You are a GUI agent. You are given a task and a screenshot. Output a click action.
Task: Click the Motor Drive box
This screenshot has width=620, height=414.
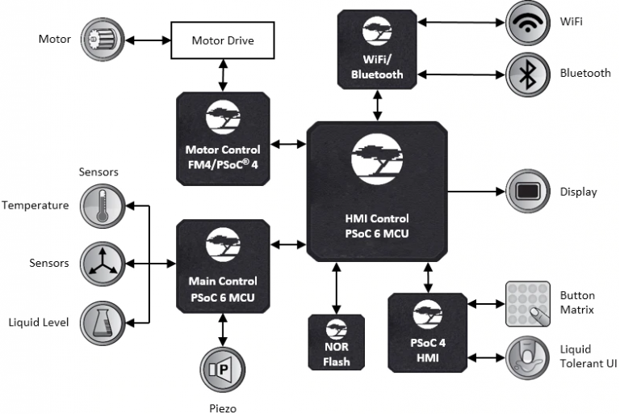click(221, 40)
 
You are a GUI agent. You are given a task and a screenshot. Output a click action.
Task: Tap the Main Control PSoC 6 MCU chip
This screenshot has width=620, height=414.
click(222, 263)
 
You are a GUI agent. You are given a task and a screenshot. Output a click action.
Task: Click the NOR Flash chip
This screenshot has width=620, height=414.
click(337, 341)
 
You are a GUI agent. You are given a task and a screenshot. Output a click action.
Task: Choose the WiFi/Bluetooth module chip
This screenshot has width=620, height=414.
click(377, 49)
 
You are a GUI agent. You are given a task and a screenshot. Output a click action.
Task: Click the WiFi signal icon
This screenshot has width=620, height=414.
click(528, 23)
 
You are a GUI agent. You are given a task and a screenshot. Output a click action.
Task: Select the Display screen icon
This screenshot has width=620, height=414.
click(528, 192)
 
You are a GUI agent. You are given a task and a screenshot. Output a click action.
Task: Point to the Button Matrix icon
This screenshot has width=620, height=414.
click(528, 304)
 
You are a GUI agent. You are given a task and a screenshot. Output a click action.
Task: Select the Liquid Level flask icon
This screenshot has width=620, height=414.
click(103, 322)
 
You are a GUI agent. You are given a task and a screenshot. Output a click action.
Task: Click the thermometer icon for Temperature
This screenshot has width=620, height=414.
click(103, 205)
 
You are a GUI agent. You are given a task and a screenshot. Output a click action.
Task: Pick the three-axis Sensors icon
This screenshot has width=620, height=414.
click(103, 264)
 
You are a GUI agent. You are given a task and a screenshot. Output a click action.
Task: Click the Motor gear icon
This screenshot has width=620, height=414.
click(103, 39)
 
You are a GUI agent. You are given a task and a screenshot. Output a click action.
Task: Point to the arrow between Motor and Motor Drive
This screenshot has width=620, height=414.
click(146, 39)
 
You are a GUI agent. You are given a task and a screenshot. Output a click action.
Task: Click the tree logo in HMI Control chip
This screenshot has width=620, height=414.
click(377, 159)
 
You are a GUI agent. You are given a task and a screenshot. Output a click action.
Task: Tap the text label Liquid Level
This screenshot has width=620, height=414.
click(38, 323)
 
